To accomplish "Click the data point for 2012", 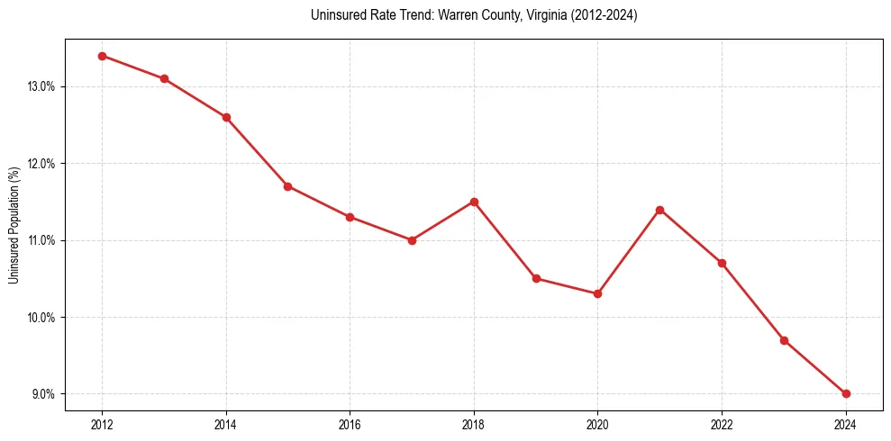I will click(102, 56).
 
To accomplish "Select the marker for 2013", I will click(164, 78).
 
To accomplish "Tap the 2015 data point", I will click(287, 186).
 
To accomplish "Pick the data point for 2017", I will click(412, 240).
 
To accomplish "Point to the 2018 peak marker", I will click(474, 202).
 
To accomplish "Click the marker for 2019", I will click(536, 278).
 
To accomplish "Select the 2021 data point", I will click(659, 210).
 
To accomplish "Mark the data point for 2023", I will click(784, 340).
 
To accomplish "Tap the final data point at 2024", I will click(846, 393).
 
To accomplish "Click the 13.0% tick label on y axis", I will click(42, 86).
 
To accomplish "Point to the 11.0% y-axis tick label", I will click(42, 240).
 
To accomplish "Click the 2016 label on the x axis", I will click(350, 425).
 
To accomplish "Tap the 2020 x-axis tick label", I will click(597, 425).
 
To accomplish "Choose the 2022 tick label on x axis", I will click(722, 425).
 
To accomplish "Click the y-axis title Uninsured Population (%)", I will click(14, 225).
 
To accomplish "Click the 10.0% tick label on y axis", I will click(42, 318).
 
